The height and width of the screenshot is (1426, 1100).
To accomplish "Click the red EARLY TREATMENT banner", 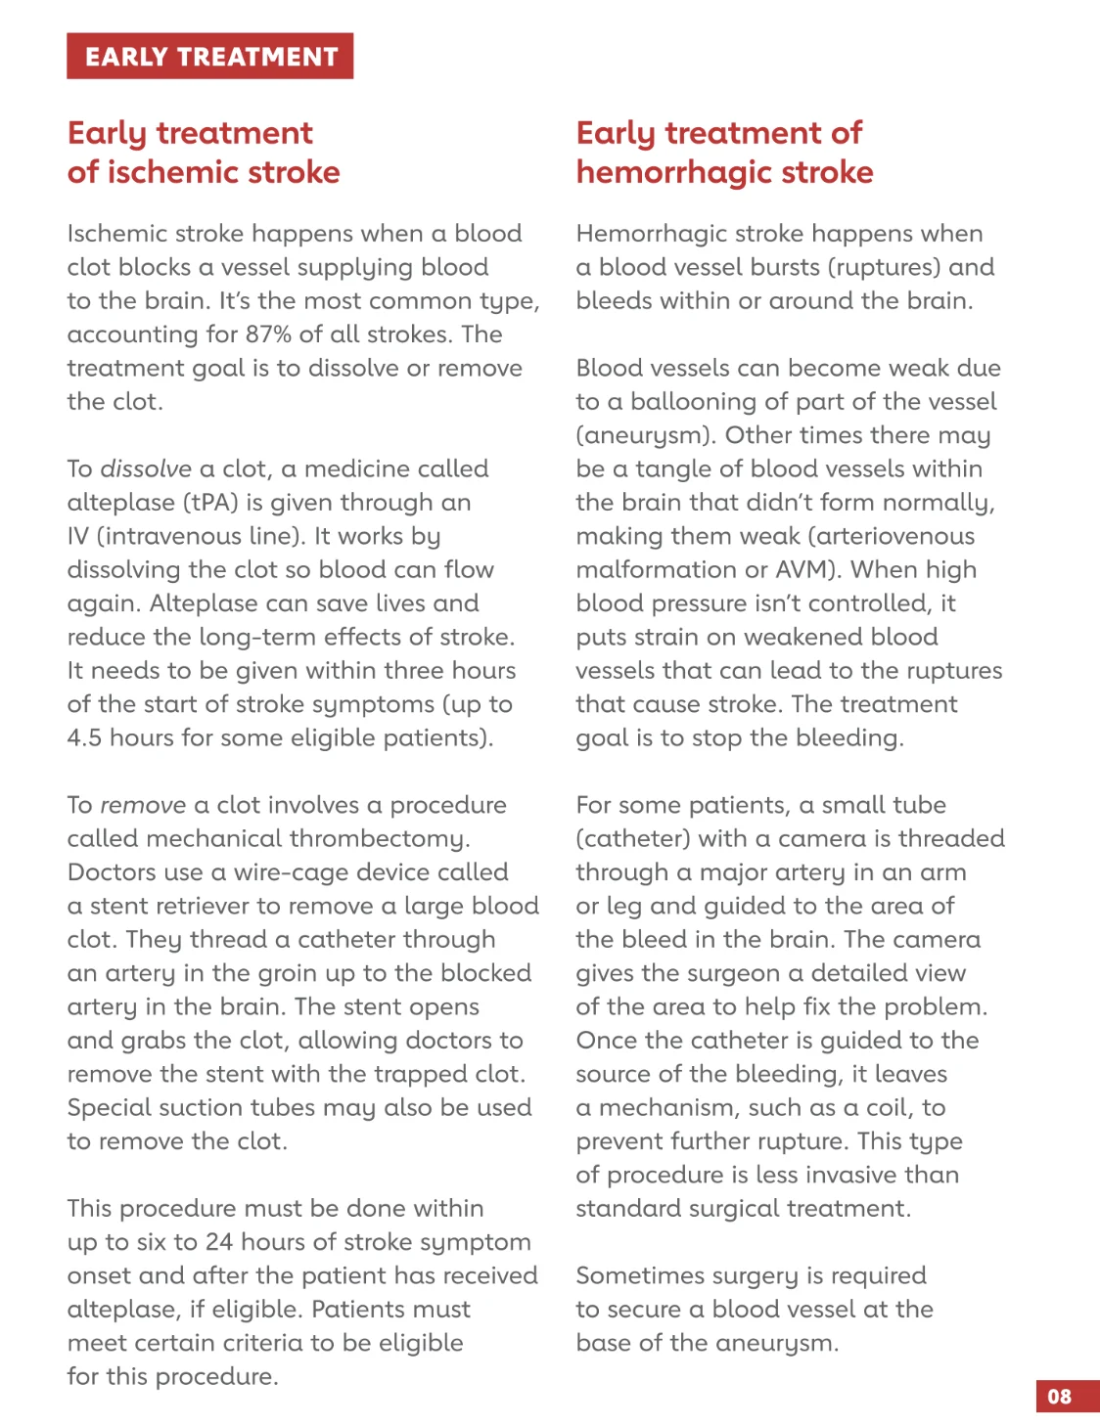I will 209,57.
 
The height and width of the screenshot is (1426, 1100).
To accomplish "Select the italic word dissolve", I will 146,468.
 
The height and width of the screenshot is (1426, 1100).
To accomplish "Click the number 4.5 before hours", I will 84,737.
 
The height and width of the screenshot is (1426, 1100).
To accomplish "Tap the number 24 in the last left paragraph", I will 219,1242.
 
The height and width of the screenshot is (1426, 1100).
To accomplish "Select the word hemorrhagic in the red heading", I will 675,172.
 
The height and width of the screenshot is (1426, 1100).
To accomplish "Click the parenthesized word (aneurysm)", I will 646,435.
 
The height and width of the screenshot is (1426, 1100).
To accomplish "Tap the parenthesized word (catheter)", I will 632,839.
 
